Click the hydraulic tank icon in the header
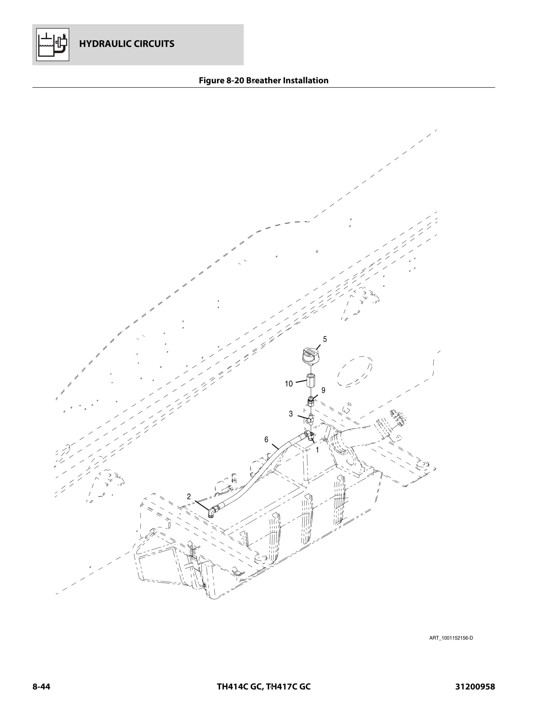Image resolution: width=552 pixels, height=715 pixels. [53, 44]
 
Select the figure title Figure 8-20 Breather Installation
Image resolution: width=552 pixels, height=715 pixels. [264, 81]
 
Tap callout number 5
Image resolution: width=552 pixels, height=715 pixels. [325, 339]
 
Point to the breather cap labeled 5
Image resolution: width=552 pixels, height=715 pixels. [311, 356]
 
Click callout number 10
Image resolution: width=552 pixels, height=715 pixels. [288, 384]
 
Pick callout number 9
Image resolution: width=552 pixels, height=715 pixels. [323, 390]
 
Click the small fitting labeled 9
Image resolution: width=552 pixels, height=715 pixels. [311, 401]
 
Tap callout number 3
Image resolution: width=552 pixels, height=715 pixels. [291, 414]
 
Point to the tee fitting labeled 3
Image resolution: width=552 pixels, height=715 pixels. [310, 419]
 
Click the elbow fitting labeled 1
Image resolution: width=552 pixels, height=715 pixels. [310, 436]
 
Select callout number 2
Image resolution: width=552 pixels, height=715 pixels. [189, 496]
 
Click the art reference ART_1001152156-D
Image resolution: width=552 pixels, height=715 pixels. [451, 638]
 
